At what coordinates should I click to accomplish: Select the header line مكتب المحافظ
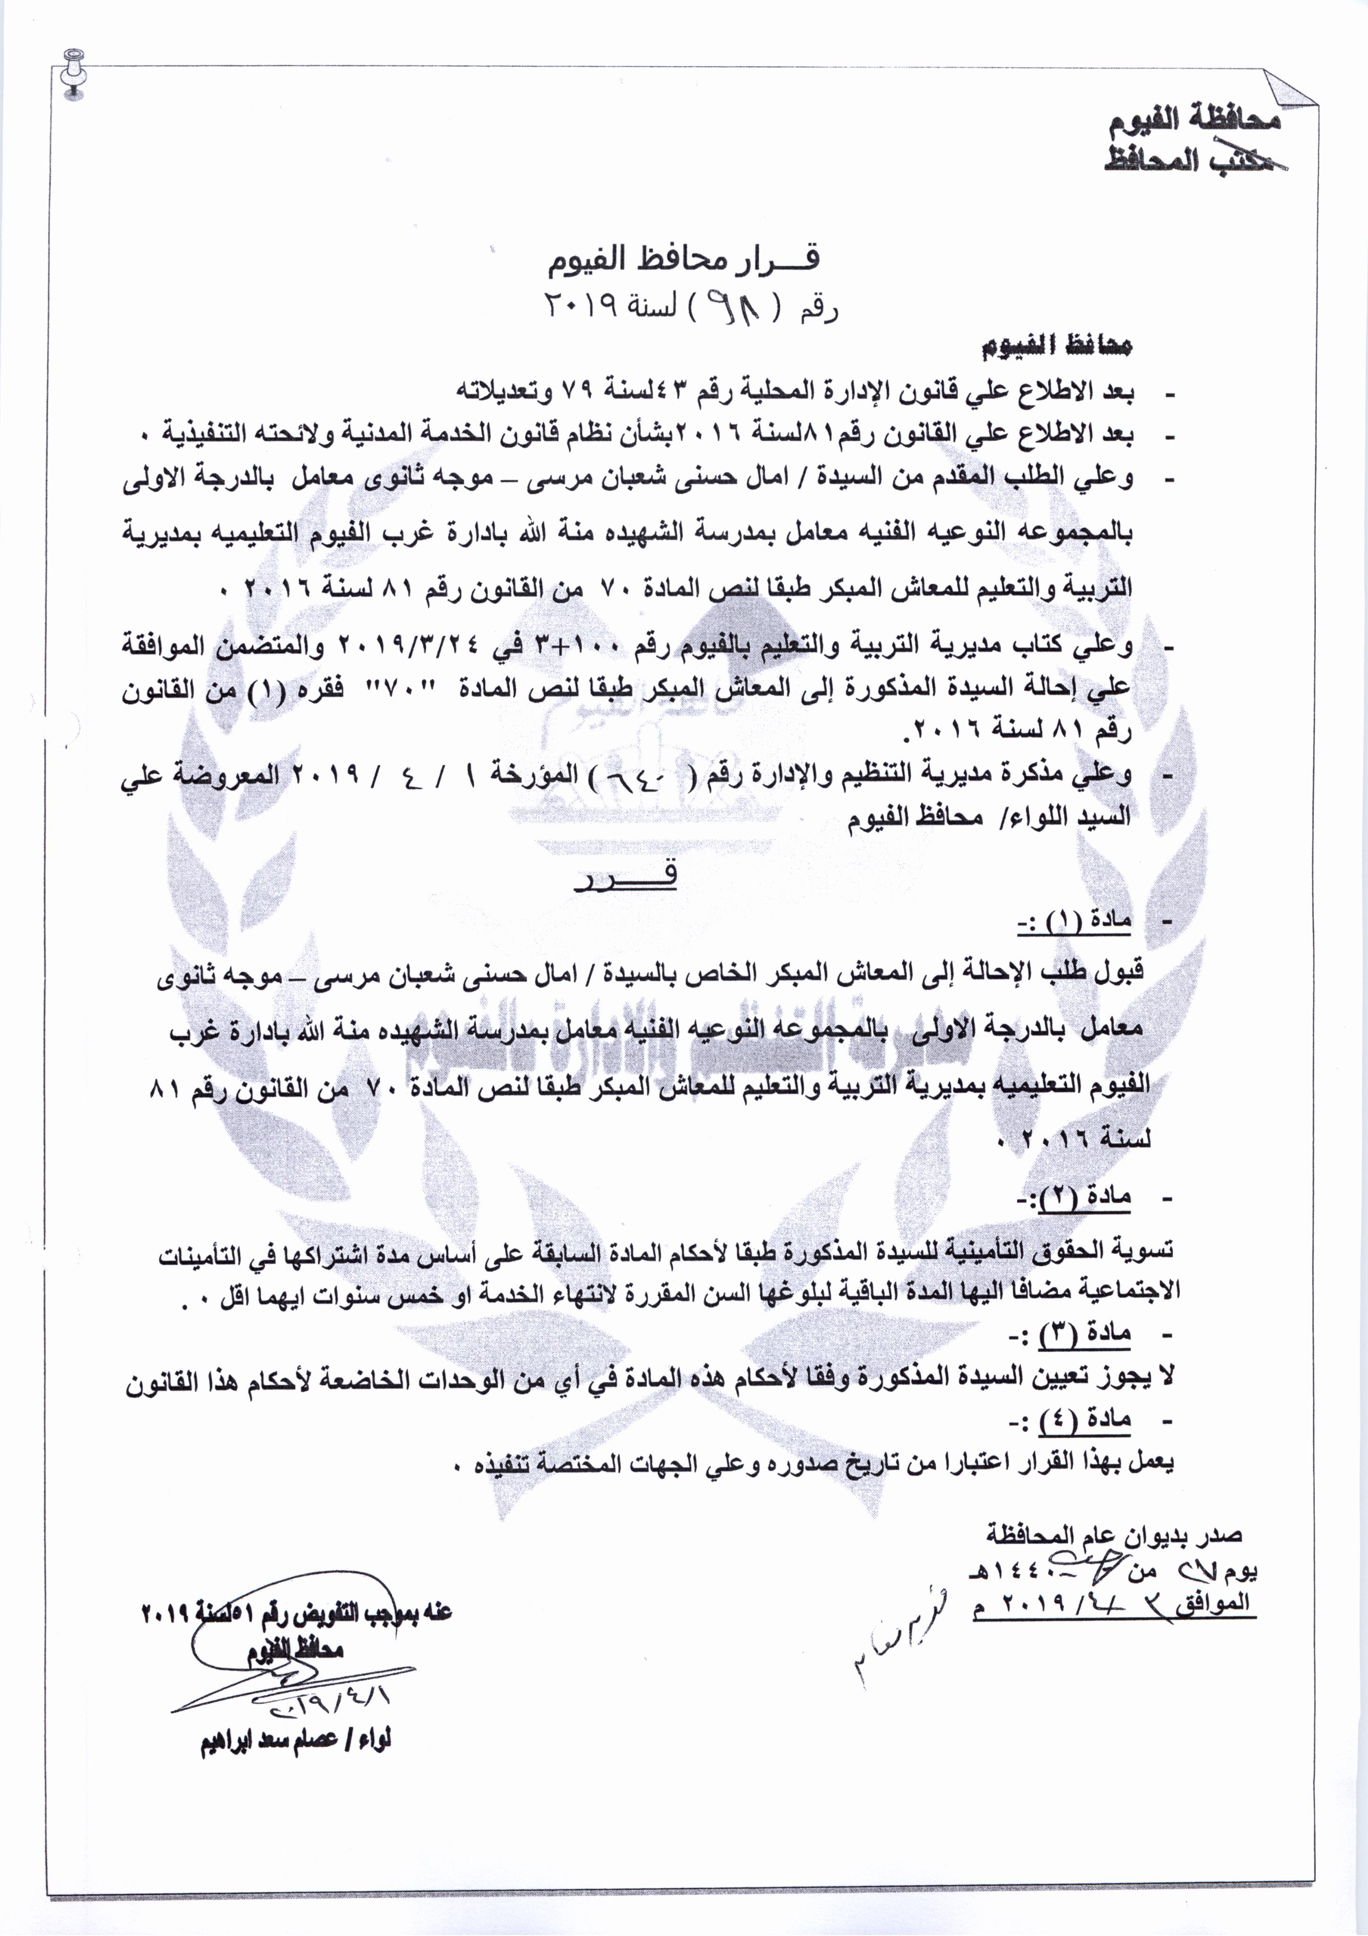(1197, 160)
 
